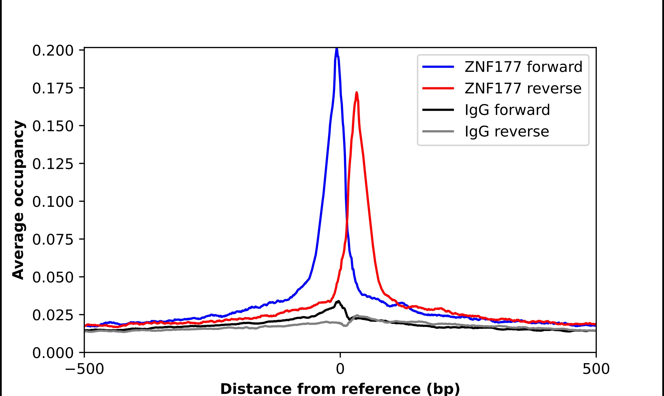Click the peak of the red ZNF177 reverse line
click(357, 93)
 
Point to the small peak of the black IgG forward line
click(339, 301)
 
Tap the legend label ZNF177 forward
click(523, 67)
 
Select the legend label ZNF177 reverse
click(523, 88)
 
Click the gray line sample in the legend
click(438, 131)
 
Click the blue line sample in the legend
click(438, 67)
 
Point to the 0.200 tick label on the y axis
click(53, 51)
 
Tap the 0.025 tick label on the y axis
click(53, 315)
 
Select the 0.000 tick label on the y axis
click(53, 353)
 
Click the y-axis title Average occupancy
click(19, 200)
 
